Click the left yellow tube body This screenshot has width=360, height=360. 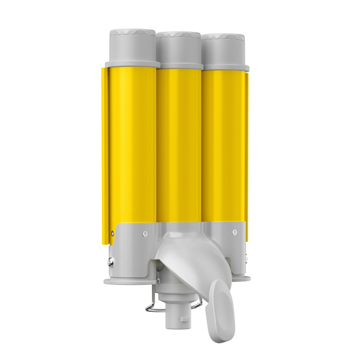131,144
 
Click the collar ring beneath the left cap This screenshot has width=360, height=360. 132,64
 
